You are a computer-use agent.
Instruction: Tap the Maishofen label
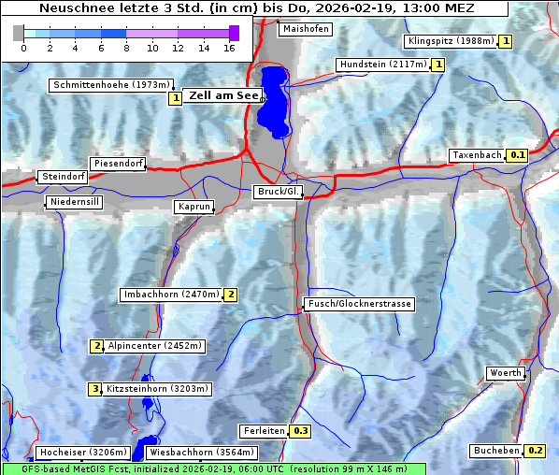305,29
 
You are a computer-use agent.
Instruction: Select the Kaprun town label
193,207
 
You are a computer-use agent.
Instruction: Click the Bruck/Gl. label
279,192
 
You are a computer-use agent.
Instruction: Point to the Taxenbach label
477,155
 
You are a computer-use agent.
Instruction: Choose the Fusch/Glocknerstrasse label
358,304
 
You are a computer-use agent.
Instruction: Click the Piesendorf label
118,164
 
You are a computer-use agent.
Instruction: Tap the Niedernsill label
74,202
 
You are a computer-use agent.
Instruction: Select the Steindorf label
63,177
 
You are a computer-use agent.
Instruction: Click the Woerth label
506,373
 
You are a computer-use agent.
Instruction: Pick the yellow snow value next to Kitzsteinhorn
94,389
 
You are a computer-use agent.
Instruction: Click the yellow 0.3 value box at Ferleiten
300,431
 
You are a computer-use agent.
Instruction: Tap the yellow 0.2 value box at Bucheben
535,451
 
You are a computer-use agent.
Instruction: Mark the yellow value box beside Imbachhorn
230,295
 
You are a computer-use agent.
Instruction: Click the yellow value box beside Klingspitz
506,41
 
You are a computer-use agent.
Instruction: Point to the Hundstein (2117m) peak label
383,65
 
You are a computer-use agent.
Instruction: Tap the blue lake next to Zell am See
274,98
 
